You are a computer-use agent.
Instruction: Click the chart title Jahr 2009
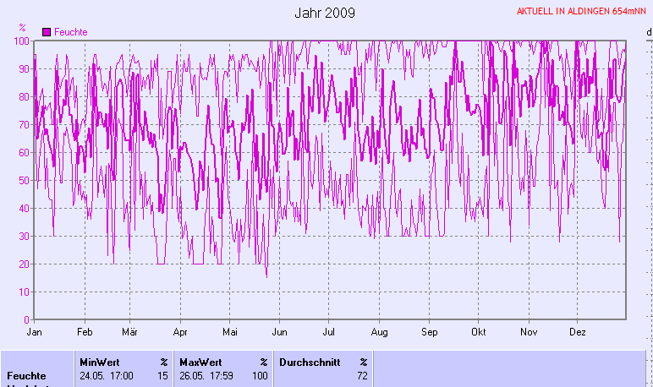click(x=325, y=13)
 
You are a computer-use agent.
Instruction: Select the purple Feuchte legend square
click(x=47, y=32)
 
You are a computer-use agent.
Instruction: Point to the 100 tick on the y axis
click(x=21, y=41)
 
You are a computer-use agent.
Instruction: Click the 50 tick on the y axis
click(x=24, y=180)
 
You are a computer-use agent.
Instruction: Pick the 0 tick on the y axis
click(x=26, y=320)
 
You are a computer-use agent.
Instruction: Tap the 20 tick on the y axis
click(x=24, y=264)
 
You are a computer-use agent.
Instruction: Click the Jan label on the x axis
click(x=35, y=332)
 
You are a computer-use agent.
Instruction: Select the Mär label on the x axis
click(x=129, y=332)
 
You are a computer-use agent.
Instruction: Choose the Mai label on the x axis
click(x=230, y=332)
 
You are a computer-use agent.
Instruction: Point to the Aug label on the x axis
click(x=379, y=332)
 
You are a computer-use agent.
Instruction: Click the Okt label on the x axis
click(x=480, y=332)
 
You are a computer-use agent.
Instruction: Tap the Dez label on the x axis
click(x=579, y=332)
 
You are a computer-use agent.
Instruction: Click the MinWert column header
click(x=99, y=362)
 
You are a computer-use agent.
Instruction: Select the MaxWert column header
click(x=200, y=362)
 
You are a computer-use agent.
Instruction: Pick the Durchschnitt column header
click(x=308, y=362)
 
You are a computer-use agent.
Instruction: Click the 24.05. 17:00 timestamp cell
click(x=106, y=375)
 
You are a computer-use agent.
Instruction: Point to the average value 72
click(x=362, y=375)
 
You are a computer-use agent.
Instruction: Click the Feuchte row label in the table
click(x=24, y=375)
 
